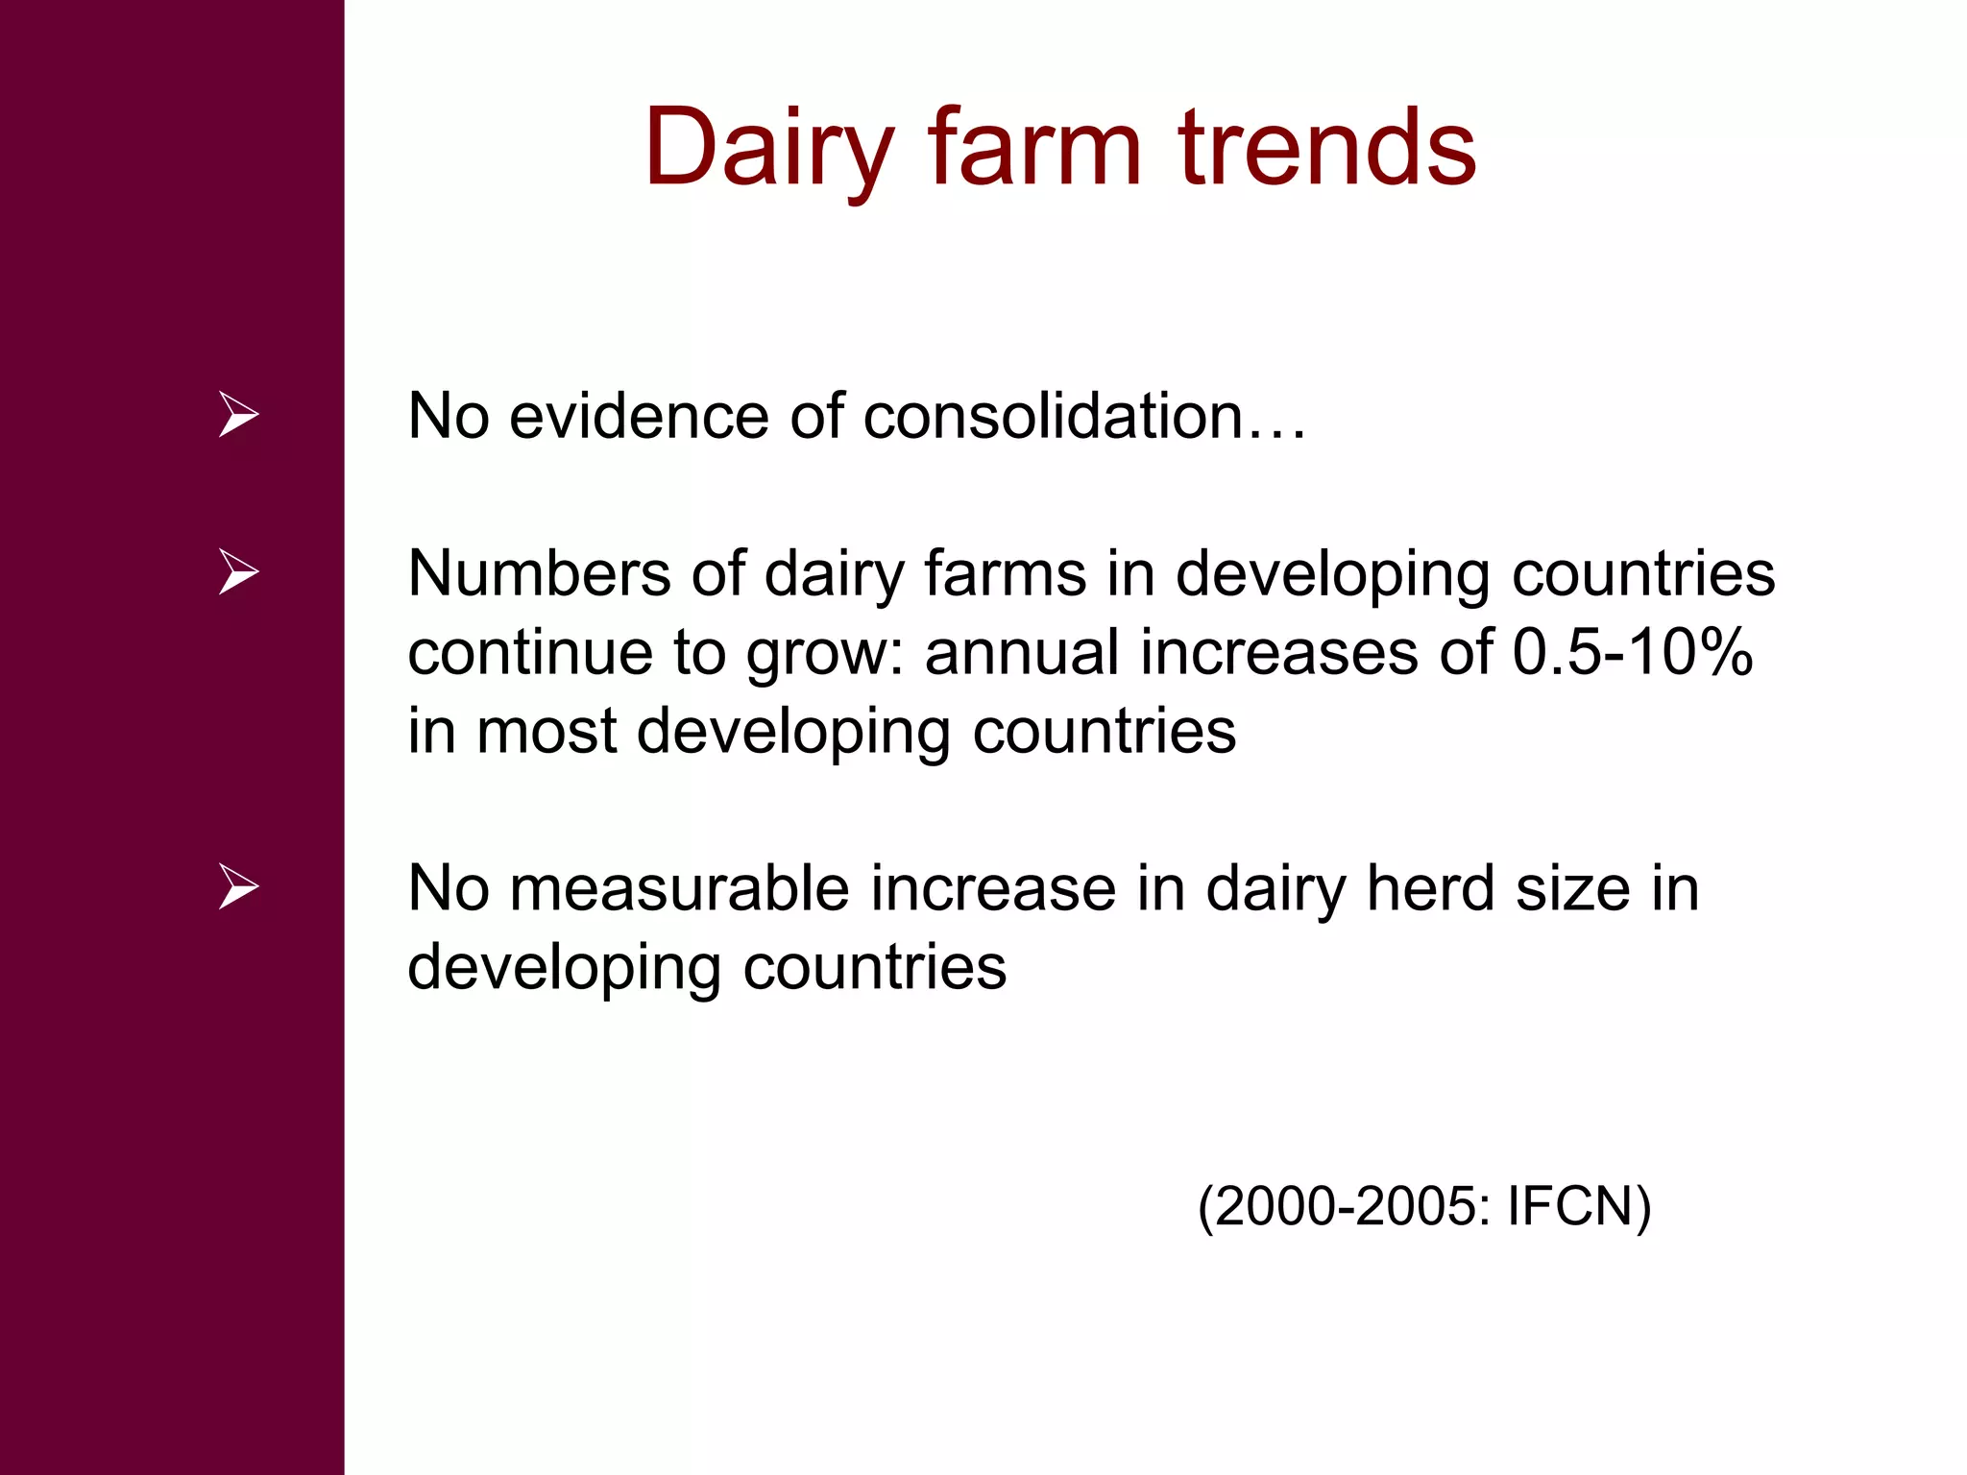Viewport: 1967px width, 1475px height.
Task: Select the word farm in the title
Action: [1034, 149]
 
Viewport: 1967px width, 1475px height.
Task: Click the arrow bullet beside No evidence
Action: [238, 415]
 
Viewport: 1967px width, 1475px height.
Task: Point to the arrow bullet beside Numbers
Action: [238, 572]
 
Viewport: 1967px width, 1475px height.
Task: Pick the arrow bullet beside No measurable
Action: [238, 886]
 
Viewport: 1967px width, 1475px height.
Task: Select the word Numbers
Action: [539, 574]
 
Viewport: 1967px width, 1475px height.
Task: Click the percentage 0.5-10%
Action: [1633, 652]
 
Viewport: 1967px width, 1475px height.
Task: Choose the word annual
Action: [1021, 652]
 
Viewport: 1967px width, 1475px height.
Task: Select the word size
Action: [1572, 888]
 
